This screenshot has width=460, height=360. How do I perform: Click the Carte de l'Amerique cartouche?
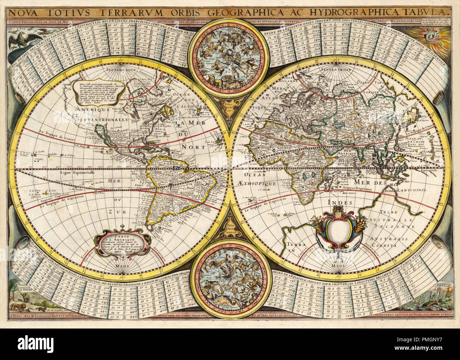122,242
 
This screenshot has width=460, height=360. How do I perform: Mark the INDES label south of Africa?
341,203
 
